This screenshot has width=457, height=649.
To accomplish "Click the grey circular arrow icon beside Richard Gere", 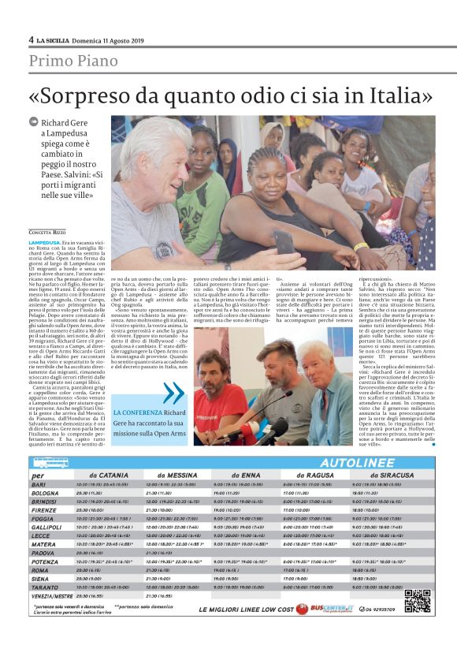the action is tap(33, 122).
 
